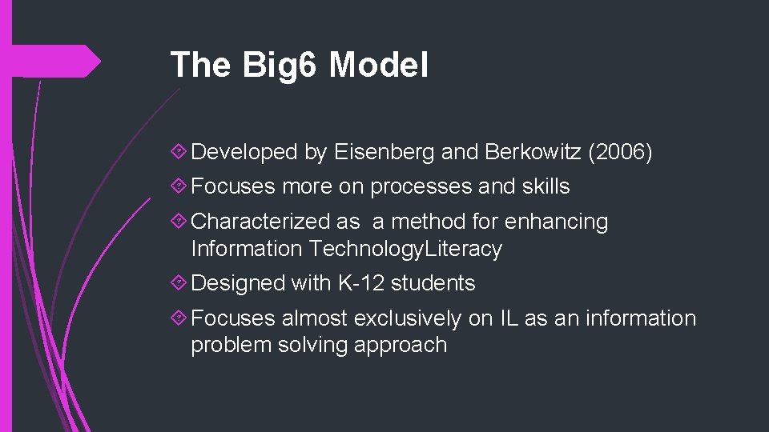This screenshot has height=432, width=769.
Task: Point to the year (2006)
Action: tap(621, 152)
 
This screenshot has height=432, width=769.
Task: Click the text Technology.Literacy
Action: tap(406, 249)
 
